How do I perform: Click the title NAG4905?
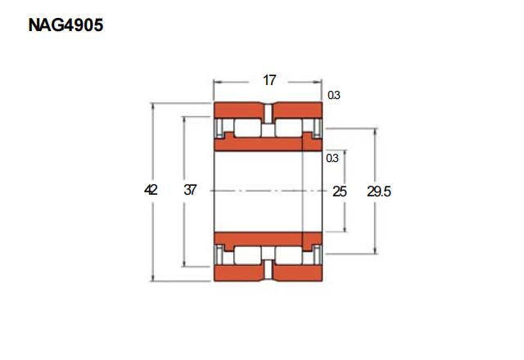pyautogui.click(x=65, y=25)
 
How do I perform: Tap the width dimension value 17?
pyautogui.click(x=269, y=80)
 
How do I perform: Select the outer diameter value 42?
pyautogui.click(x=151, y=190)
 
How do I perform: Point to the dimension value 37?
pyautogui.click(x=190, y=190)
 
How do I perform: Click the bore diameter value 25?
pyautogui.click(x=340, y=191)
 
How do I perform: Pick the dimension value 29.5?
pyautogui.click(x=379, y=191)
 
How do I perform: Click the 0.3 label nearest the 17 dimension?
pyautogui.click(x=334, y=96)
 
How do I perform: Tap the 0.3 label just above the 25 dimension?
pyautogui.click(x=332, y=158)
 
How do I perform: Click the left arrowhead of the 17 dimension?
pyautogui.click(x=217, y=82)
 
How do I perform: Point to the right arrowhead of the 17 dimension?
pyautogui.click(x=318, y=82)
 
